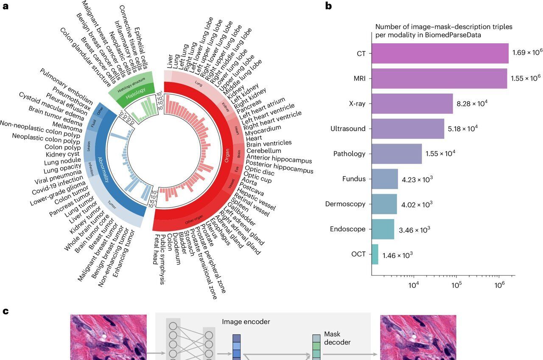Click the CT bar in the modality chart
pos(440,53)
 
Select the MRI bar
pos(439,79)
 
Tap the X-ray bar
pos(412,104)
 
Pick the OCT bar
pos(375,254)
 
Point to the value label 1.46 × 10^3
pos(397,255)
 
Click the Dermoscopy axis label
pos(345,204)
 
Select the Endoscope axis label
pos(347,229)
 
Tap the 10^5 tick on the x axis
pos(456,285)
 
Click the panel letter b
pos(329,6)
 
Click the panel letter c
pos(6,311)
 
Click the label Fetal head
pos(156,252)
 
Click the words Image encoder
pos(246,322)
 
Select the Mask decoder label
pos(337,338)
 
